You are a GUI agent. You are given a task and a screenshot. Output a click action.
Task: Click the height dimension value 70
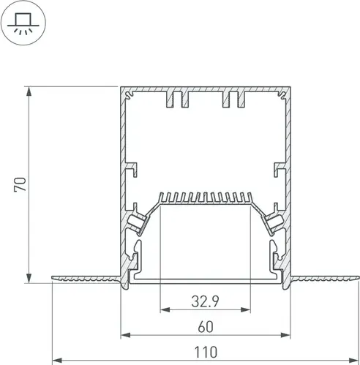(22, 184)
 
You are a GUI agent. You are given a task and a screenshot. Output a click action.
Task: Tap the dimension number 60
(205, 326)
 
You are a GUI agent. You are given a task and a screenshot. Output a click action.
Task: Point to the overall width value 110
(205, 353)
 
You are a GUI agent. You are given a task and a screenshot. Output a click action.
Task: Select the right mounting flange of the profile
(325, 278)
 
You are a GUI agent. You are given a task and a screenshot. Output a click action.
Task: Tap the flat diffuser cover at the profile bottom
(206, 280)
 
